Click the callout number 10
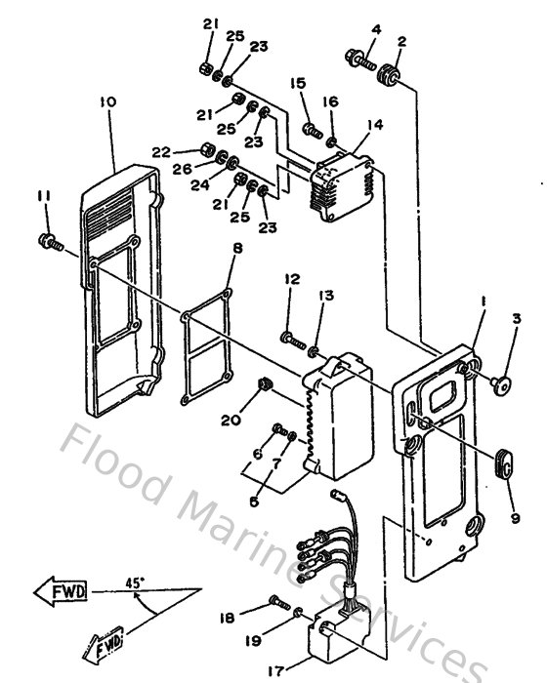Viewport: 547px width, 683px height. point(107,100)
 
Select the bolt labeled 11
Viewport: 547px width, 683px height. point(49,240)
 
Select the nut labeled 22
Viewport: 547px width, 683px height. point(206,150)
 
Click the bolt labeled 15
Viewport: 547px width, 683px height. point(311,127)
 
